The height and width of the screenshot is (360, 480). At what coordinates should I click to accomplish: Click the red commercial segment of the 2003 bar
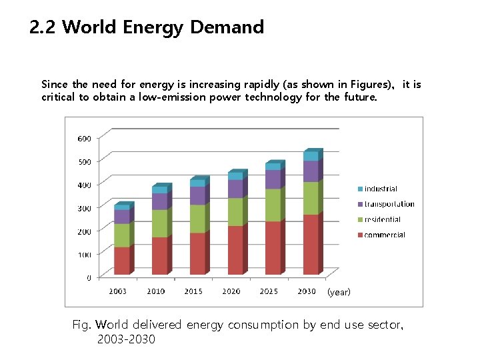[x=122, y=261]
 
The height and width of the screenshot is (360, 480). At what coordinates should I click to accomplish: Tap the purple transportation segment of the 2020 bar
[x=235, y=189]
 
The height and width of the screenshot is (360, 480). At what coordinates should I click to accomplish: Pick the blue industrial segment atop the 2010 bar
[x=160, y=190]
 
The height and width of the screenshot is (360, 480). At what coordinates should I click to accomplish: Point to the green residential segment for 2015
[x=197, y=219]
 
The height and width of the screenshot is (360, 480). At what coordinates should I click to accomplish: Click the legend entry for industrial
[x=379, y=189]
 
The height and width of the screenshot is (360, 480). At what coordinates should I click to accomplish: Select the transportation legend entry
[x=388, y=205]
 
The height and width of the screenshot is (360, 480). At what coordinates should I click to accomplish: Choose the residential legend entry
[x=381, y=219]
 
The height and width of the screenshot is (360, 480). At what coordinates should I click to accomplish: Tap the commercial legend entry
[x=383, y=235]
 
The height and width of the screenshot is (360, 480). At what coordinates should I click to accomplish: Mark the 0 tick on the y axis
[x=89, y=277]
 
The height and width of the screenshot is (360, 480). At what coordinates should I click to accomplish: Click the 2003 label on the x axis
[x=118, y=291]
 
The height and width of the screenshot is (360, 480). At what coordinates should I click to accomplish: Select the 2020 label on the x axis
[x=231, y=291]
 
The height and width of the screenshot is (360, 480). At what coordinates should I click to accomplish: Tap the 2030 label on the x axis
[x=307, y=291]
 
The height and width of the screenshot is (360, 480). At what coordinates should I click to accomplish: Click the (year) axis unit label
[x=338, y=292]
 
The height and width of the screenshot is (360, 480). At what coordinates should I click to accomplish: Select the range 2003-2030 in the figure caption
[x=126, y=339]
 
